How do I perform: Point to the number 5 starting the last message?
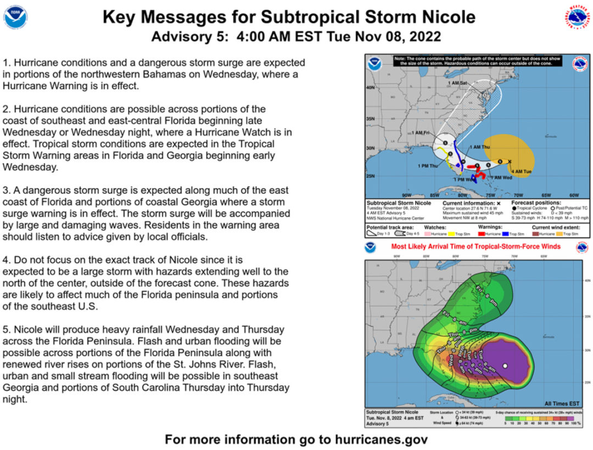[5, 330]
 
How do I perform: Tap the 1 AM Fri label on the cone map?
[421, 133]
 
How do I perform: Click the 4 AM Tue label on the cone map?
[521, 172]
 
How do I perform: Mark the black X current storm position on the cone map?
[510, 161]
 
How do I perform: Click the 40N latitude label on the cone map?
[371, 88]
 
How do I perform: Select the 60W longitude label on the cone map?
[574, 195]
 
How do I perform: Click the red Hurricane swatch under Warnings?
[474, 234]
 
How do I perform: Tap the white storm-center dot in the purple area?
[505, 365]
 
